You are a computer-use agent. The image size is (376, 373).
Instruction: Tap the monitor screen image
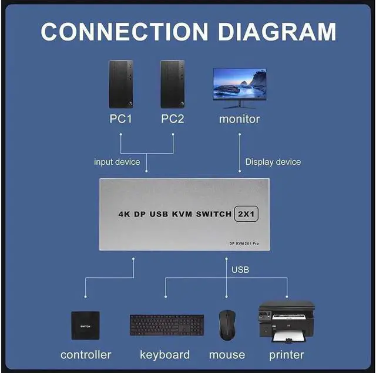(239, 84)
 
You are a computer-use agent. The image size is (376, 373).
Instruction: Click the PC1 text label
(121, 119)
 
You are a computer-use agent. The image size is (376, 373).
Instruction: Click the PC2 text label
(173, 119)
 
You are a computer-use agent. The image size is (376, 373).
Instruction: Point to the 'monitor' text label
(239, 119)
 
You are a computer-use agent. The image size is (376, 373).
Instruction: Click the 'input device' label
(117, 162)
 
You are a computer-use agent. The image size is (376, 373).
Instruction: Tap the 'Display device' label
(273, 162)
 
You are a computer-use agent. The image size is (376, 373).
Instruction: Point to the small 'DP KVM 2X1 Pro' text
(251, 243)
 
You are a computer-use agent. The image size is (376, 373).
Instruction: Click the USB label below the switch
(240, 270)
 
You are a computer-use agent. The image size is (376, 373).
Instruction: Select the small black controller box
(85, 325)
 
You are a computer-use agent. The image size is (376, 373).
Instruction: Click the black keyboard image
(166, 325)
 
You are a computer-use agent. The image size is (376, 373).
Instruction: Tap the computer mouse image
(227, 324)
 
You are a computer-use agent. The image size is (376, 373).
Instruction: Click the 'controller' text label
(86, 355)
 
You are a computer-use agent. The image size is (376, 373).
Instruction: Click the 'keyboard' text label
(164, 355)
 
